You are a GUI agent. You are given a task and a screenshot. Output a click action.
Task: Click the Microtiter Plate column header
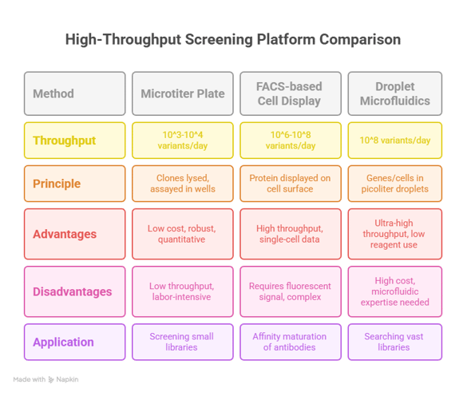pos(183,93)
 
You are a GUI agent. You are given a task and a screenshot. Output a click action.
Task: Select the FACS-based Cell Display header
pos(291,93)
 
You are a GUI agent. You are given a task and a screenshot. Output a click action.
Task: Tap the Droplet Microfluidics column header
pos(395,93)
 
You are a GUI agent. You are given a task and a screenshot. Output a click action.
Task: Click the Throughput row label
pos(75,141)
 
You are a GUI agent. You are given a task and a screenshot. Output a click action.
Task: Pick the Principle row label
pos(75,184)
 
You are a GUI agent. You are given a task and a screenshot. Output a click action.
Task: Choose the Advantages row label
pos(75,234)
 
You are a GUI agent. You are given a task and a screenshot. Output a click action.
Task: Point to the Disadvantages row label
pos(75,291)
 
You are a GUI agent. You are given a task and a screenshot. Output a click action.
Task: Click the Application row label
pos(75,342)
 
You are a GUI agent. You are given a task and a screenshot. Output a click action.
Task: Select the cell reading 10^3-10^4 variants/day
pos(183,141)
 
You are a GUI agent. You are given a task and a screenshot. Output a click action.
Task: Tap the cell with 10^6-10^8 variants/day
pos(291,141)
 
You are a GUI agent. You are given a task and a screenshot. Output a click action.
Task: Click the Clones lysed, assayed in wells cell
pos(183,184)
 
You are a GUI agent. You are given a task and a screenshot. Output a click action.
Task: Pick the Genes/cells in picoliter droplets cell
pos(395,184)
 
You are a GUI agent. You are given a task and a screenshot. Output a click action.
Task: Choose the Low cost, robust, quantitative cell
pos(183,234)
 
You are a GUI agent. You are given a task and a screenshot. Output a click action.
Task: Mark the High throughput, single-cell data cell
pos(291,234)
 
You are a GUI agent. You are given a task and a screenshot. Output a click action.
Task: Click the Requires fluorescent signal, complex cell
pos(291,291)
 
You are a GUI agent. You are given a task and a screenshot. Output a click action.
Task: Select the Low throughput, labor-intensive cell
pos(183,291)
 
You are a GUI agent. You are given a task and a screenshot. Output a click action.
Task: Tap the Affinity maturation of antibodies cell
pos(291,342)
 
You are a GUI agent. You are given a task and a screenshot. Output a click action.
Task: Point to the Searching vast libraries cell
pos(395,342)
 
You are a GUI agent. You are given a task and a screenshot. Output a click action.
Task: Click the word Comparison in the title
pos(360,40)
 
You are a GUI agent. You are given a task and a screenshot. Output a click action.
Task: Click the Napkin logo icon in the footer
pos(51,379)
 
